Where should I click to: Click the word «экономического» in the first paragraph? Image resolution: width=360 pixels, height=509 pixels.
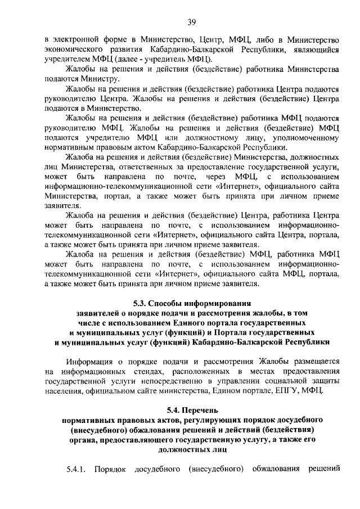pyautogui.click(x=76, y=49)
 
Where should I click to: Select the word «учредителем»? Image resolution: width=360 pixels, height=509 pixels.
pyautogui.click(x=68, y=59)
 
